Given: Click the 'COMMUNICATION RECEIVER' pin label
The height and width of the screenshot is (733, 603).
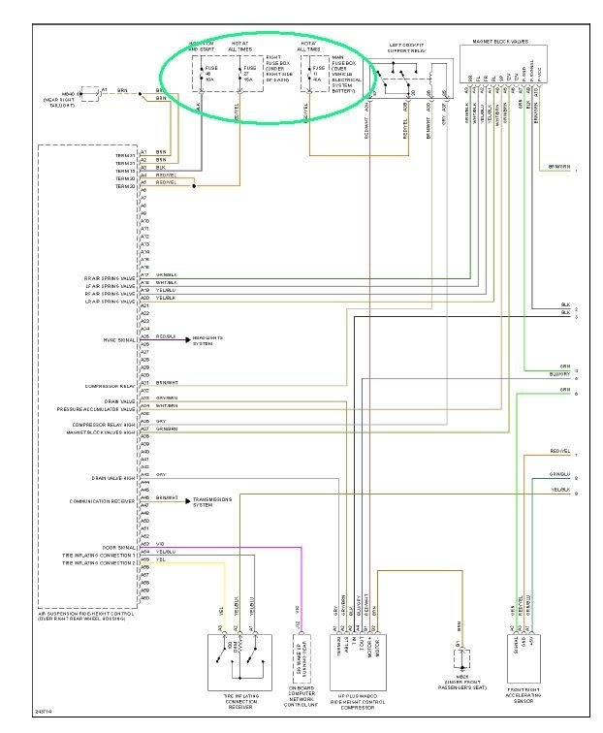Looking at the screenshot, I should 102,500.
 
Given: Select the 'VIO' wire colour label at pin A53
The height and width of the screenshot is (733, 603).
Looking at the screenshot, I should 160,544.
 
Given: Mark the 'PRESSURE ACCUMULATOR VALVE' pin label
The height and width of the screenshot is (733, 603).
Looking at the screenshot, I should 100,408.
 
